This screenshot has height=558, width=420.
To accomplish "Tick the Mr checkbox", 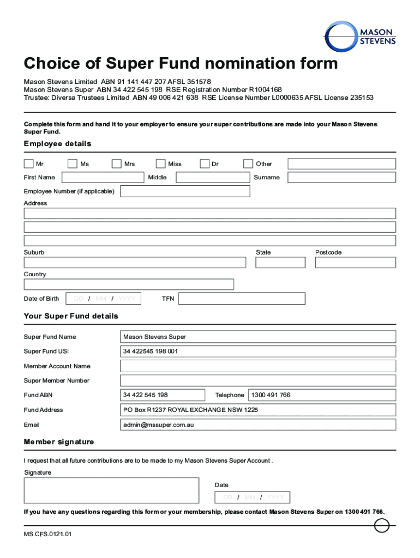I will click(x=28, y=163).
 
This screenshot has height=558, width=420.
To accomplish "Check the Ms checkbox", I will click(x=73, y=163).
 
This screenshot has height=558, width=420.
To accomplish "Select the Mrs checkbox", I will click(x=116, y=163).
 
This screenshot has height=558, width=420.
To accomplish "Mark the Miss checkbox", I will click(x=160, y=163).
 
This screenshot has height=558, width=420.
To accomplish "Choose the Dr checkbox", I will click(x=205, y=163).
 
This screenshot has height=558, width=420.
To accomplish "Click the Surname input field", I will click(x=341, y=178).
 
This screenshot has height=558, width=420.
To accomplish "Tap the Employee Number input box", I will click(x=185, y=191).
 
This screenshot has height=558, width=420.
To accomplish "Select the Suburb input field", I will click(x=135, y=263).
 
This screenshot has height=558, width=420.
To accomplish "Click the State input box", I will click(x=280, y=263).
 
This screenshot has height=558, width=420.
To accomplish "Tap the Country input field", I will click(x=129, y=284).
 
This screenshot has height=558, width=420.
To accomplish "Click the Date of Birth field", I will click(x=104, y=299).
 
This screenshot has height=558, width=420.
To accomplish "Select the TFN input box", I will click(x=242, y=299).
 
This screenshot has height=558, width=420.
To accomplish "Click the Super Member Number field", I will click(x=258, y=380).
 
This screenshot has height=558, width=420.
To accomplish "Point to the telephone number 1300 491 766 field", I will click(x=322, y=395).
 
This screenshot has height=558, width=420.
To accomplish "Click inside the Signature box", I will click(x=111, y=490).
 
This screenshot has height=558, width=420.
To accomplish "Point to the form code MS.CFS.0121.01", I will click(x=47, y=534).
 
